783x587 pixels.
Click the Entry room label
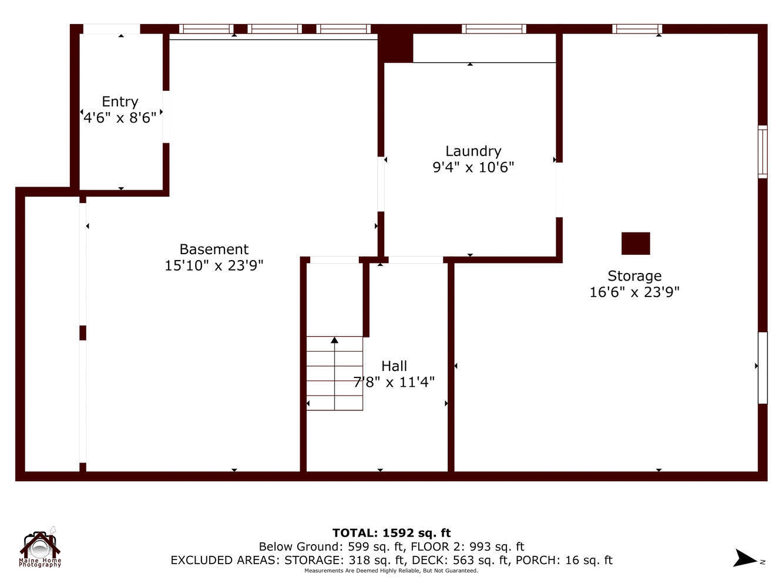(120, 102)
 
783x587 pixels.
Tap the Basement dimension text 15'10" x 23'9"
(214, 265)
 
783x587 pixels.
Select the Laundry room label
(473, 151)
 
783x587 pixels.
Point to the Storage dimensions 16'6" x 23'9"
(634, 292)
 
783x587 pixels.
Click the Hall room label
(394, 366)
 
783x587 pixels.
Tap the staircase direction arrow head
(334, 340)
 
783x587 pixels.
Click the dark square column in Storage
(636, 243)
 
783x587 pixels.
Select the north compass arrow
(746, 558)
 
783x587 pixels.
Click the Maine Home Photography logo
(40, 548)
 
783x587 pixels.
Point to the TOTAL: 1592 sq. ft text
(391, 533)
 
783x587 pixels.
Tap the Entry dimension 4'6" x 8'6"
(120, 118)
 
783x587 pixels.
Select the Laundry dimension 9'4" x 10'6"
(473, 167)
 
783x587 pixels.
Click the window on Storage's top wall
(637, 29)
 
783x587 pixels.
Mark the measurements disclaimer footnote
(391, 571)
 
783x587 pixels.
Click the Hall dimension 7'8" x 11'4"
(394, 382)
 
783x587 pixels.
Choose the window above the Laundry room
(493, 29)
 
